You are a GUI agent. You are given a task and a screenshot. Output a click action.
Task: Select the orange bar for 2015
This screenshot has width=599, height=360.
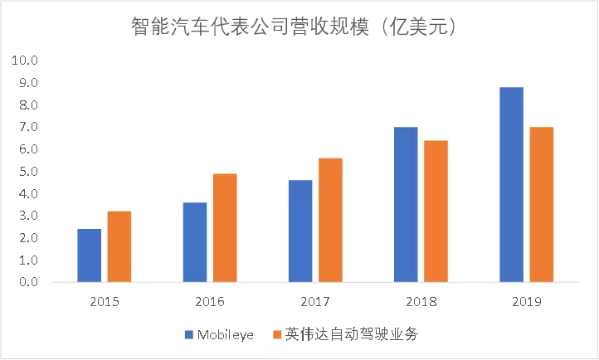click(119, 247)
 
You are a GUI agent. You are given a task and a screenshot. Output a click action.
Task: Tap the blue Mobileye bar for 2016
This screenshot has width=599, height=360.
click(194, 242)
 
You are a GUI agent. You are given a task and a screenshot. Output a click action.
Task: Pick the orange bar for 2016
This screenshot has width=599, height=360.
click(225, 228)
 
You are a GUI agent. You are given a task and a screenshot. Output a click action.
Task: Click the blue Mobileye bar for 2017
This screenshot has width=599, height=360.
click(299, 231)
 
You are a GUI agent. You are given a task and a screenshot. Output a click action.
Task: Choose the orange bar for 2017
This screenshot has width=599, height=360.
click(330, 220)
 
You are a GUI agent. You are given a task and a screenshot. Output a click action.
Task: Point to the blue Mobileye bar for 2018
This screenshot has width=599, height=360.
click(405, 205)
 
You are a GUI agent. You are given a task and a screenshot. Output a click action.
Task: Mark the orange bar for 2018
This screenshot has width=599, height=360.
click(436, 212)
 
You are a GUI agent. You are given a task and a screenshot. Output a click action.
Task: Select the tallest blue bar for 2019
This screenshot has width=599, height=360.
click(511, 185)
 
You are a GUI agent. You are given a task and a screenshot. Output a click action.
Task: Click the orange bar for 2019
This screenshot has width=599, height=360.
click(541, 205)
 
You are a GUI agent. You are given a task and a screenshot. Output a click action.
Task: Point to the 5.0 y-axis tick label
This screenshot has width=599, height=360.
click(27, 172)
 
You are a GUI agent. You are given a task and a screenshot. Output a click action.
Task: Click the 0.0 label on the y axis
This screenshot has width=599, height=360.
click(27, 283)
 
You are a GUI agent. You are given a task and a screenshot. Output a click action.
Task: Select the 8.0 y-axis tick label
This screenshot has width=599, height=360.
click(27, 105)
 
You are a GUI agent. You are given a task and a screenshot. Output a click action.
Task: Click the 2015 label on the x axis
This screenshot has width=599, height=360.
click(104, 302)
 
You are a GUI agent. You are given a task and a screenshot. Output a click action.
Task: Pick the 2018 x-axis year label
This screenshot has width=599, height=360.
click(421, 302)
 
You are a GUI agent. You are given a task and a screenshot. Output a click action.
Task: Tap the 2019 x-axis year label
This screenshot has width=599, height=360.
click(526, 302)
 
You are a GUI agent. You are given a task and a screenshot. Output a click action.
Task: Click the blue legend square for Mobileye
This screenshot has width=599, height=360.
click(188, 334)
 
